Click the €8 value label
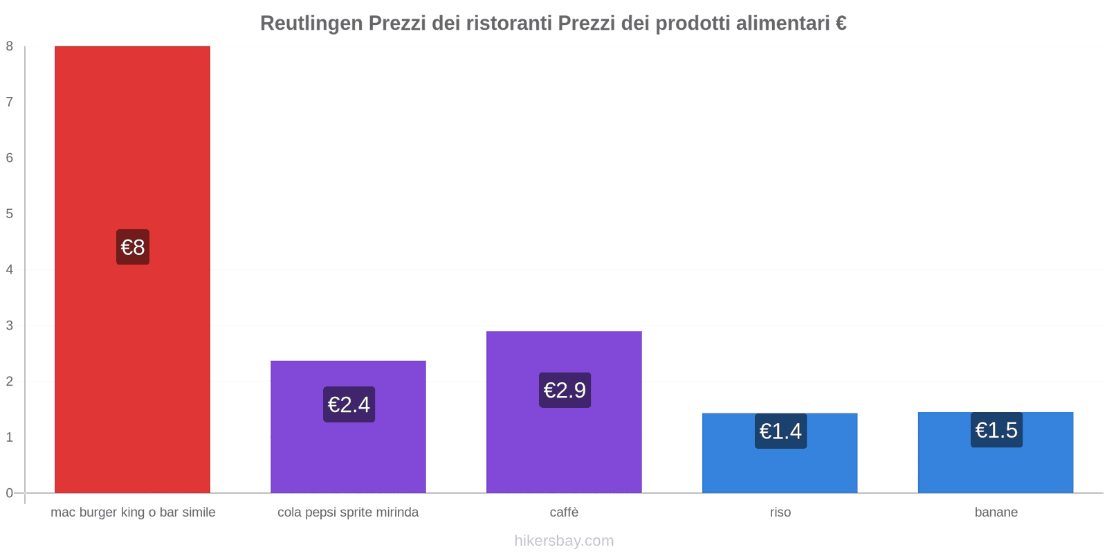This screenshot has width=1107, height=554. tap(133, 247)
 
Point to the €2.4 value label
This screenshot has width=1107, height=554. tap(349, 404)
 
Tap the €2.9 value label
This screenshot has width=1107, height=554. tap(565, 390)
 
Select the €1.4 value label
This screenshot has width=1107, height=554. tap(780, 431)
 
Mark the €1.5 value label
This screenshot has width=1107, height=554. tap(996, 430)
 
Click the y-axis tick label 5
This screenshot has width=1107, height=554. tap(10, 214)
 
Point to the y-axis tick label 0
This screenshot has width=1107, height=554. tap(10, 493)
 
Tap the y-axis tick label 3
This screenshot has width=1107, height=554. tap(10, 325)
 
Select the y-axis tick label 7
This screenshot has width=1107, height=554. tap(10, 102)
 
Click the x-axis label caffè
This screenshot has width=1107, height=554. tap(564, 512)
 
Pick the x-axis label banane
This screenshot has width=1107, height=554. tap(996, 512)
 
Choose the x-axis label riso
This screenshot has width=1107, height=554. tap(780, 512)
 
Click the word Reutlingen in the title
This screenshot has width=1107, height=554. tap(311, 24)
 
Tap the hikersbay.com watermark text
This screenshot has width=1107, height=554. tap(564, 541)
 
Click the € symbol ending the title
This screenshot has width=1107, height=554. tap(841, 24)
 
